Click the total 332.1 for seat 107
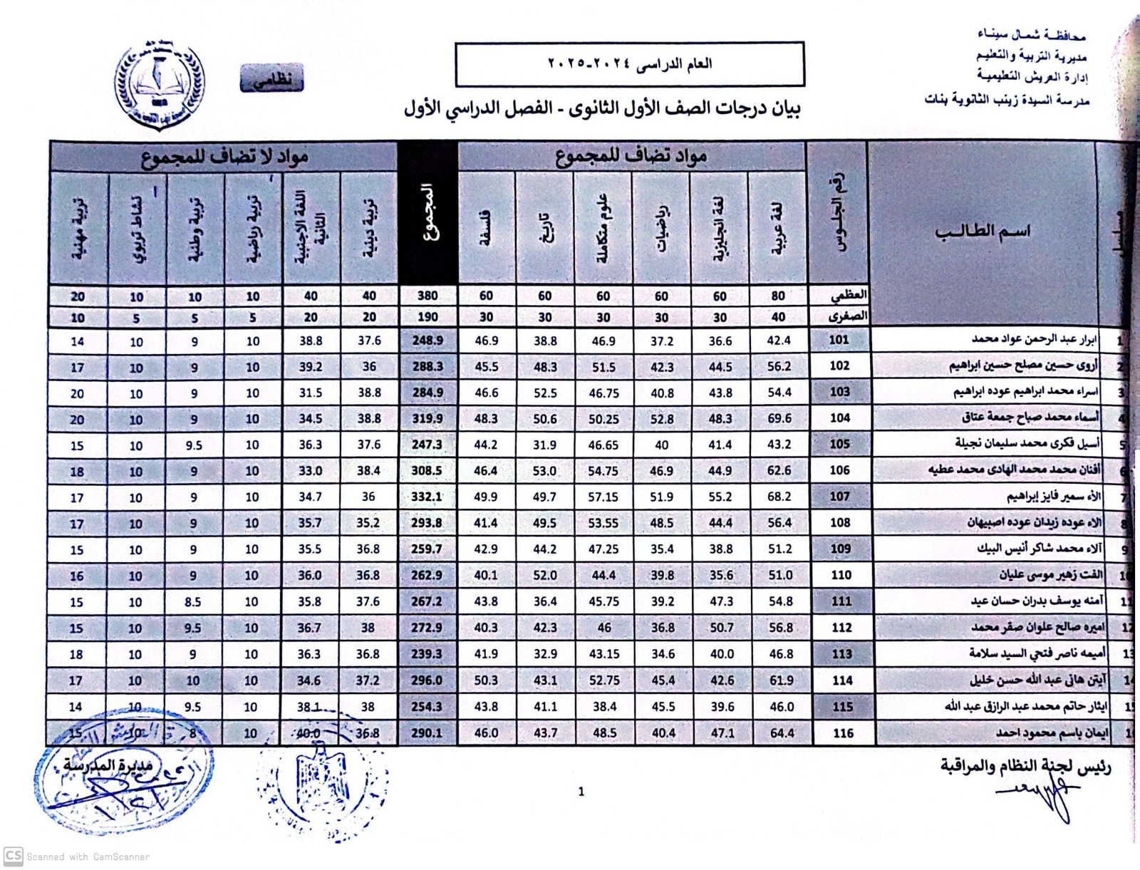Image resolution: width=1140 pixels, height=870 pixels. (427, 497)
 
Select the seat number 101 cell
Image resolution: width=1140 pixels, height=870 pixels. (839, 340)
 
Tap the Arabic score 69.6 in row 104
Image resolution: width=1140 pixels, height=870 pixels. (779, 418)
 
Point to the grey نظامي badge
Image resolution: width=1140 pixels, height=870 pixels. (272, 79)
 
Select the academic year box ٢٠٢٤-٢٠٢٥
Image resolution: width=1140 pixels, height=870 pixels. (629, 63)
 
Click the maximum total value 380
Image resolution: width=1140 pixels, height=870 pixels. (427, 296)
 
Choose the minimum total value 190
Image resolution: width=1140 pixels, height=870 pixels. (427, 317)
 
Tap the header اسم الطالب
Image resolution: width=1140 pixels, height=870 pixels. (982, 232)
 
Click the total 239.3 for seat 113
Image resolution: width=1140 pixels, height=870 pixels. (427, 654)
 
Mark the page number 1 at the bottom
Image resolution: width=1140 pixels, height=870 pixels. (581, 792)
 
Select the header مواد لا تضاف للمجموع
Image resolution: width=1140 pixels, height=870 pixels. (224, 157)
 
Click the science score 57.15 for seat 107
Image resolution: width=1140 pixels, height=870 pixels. (603, 497)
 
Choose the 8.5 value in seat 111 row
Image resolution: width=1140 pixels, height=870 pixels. (193, 602)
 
